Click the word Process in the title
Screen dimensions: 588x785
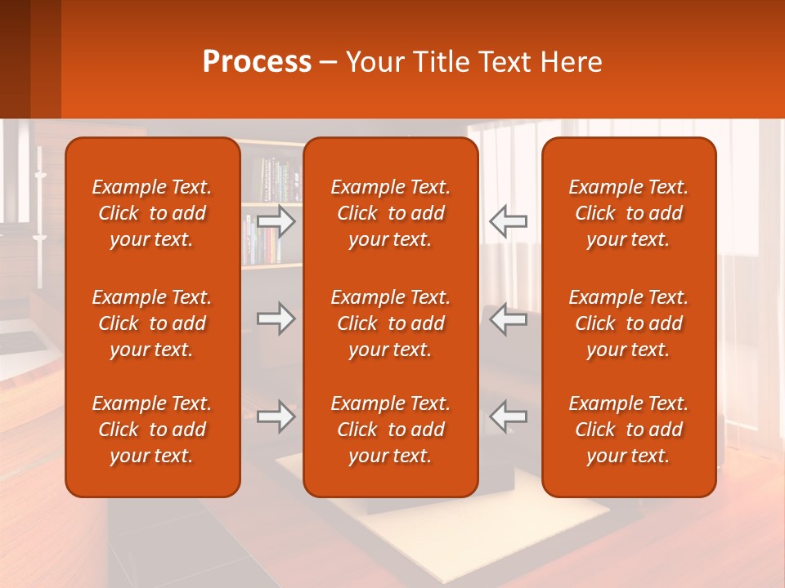[x=257, y=62]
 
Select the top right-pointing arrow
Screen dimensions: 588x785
[x=276, y=222]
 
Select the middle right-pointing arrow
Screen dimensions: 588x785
[x=276, y=318]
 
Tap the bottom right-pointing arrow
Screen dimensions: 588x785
[x=276, y=417]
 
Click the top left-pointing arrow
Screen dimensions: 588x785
[x=508, y=221]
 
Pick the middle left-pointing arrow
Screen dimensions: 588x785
[x=508, y=318]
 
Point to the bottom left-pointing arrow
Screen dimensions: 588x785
[x=508, y=416]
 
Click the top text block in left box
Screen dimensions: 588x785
[x=152, y=213]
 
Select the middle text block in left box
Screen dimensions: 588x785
[x=152, y=323]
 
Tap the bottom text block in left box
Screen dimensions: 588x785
[x=152, y=430]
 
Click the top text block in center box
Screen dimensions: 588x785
[x=391, y=213]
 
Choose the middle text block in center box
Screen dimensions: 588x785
[x=391, y=323]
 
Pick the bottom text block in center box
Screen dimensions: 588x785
[x=391, y=430]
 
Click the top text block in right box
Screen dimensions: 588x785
[x=629, y=213]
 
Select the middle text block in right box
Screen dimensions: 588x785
[x=629, y=323]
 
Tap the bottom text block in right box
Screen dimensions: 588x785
[x=629, y=430]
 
